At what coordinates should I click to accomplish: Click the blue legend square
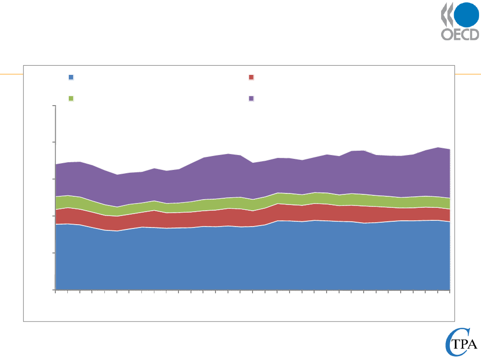[71, 77]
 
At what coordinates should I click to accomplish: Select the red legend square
[251, 77]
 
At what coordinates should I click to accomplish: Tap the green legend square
[71, 98]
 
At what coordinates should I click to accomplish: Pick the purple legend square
[251, 98]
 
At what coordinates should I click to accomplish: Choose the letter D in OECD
[474, 36]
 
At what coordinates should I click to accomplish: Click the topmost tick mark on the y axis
[54, 106]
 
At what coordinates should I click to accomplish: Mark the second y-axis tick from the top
[54, 143]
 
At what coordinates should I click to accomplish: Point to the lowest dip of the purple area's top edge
[117, 175]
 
